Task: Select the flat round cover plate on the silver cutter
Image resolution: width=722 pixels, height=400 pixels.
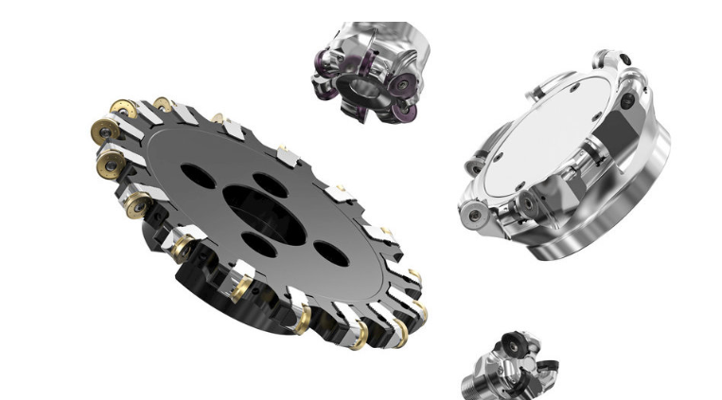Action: [x=544, y=147]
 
